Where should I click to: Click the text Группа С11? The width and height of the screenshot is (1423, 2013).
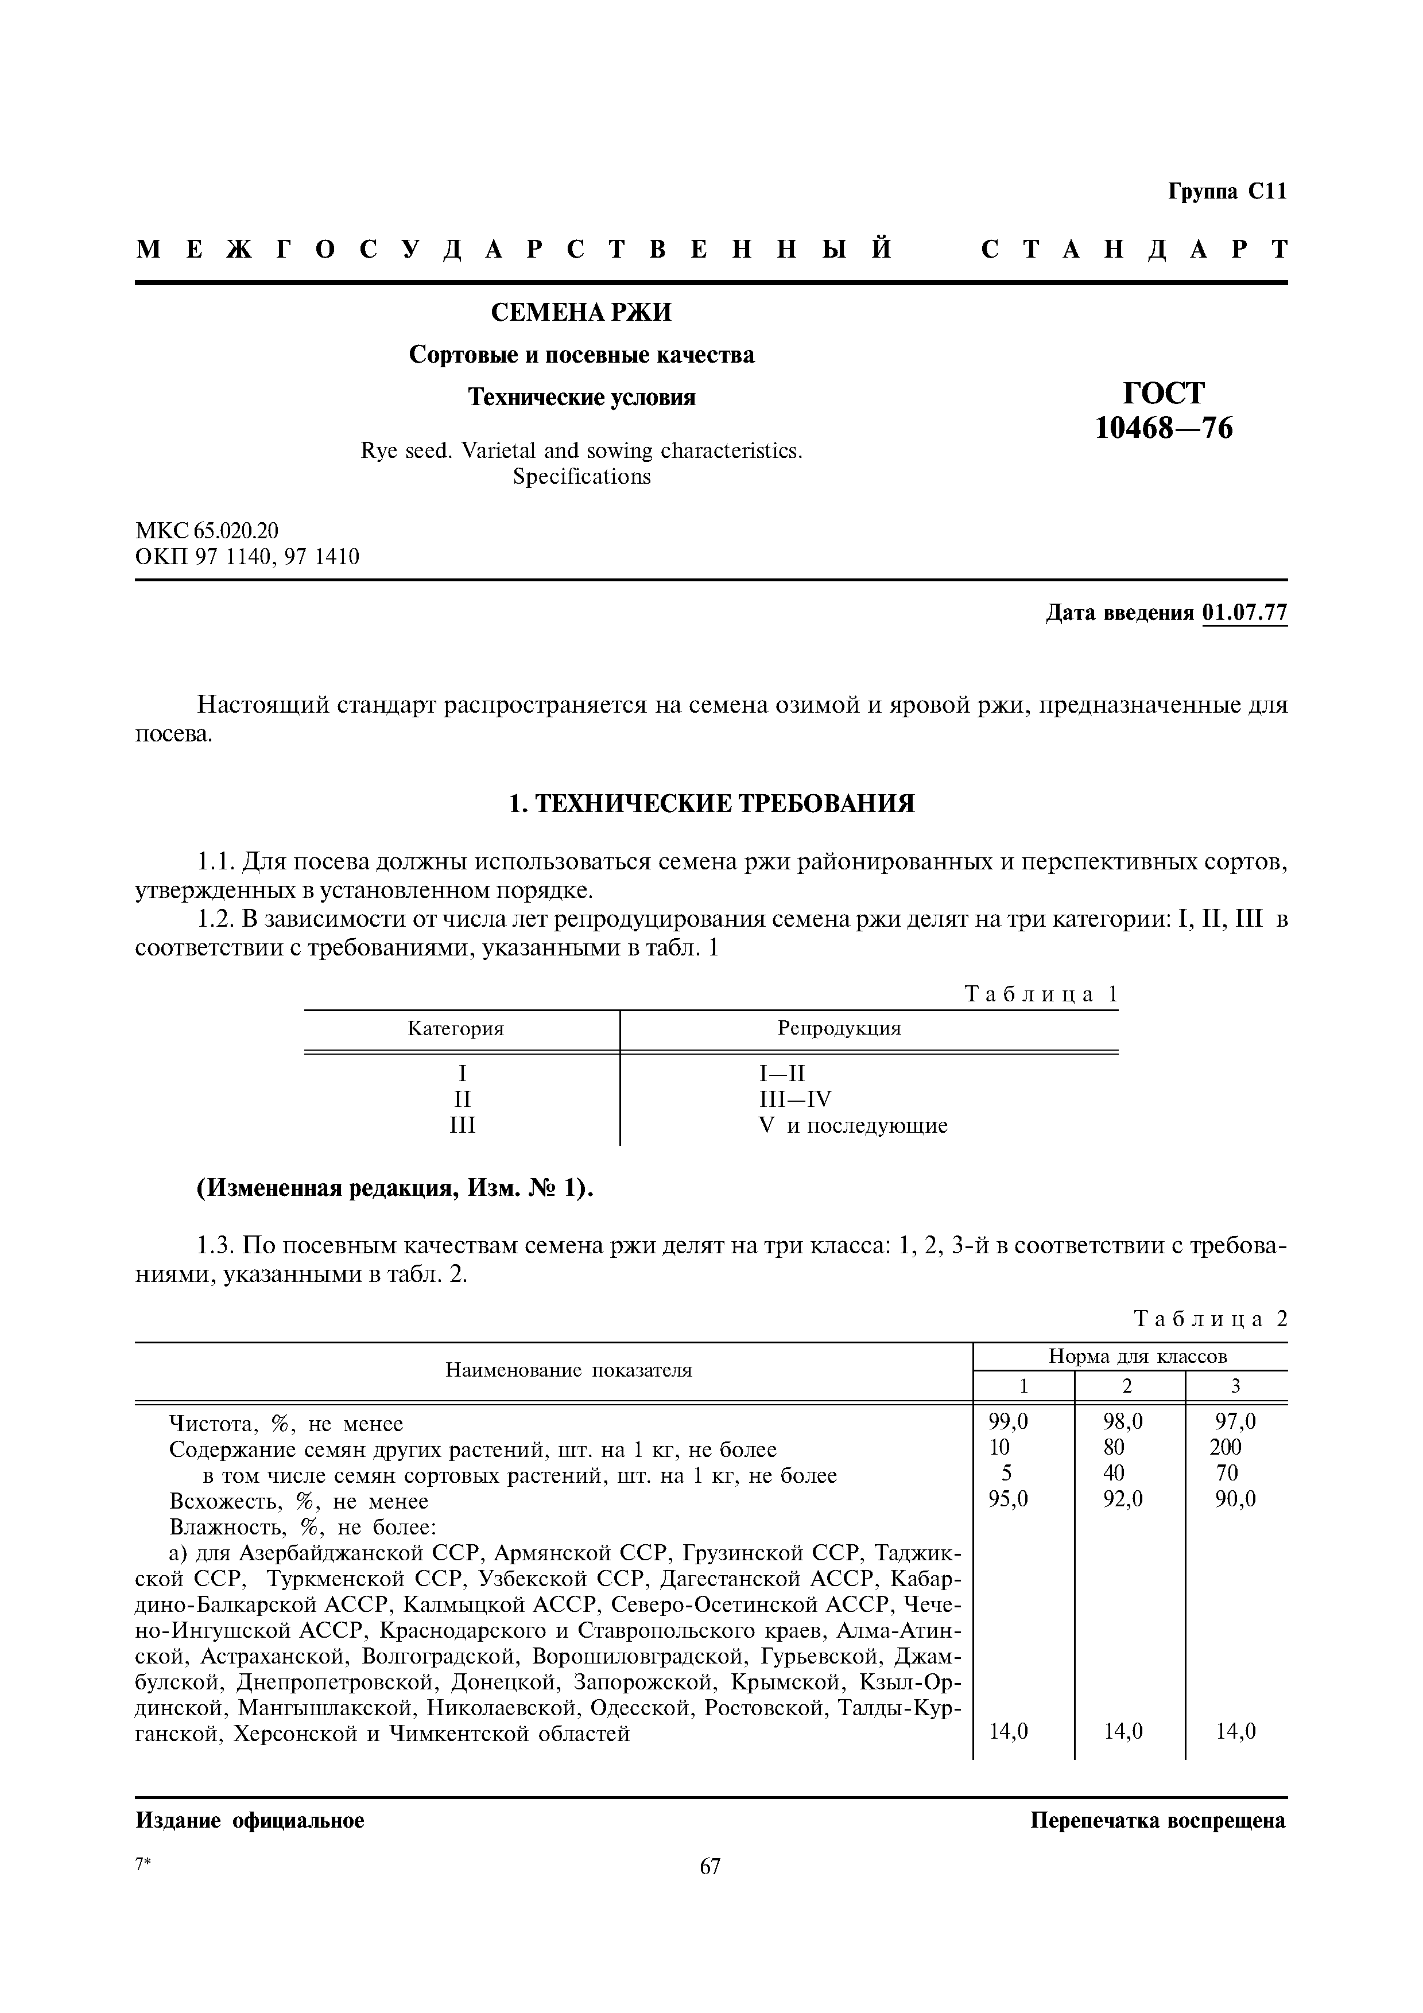tap(1227, 192)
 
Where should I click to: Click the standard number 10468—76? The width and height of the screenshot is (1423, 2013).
tap(1164, 428)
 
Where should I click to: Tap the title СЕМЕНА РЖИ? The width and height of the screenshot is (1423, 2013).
tap(581, 312)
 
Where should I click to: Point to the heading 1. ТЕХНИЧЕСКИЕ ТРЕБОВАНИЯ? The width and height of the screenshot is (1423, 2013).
tap(711, 803)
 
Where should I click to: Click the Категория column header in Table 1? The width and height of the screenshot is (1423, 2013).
tap(456, 1028)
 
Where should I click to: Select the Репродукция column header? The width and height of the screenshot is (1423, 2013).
tap(839, 1028)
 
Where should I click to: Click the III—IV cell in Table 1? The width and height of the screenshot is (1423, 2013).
tap(795, 1099)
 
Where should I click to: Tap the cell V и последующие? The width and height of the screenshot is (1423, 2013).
tap(852, 1126)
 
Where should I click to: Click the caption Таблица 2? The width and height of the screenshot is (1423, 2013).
tap(1211, 1319)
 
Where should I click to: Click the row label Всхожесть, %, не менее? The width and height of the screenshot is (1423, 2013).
tap(298, 1501)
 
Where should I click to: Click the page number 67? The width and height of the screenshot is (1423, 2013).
tap(710, 1867)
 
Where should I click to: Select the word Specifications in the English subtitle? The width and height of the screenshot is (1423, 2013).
tap(581, 477)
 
